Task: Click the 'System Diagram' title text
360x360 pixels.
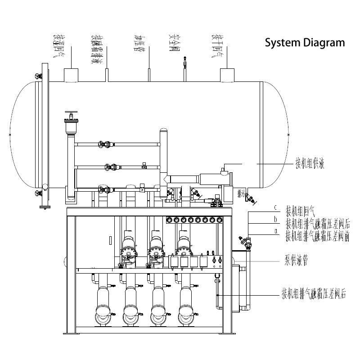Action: click(305, 43)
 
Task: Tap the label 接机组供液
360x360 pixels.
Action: click(310, 163)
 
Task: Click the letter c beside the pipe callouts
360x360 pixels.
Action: click(275, 208)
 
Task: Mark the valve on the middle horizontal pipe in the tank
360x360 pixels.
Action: click(110, 168)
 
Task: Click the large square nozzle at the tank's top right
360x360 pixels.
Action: click(227, 75)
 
